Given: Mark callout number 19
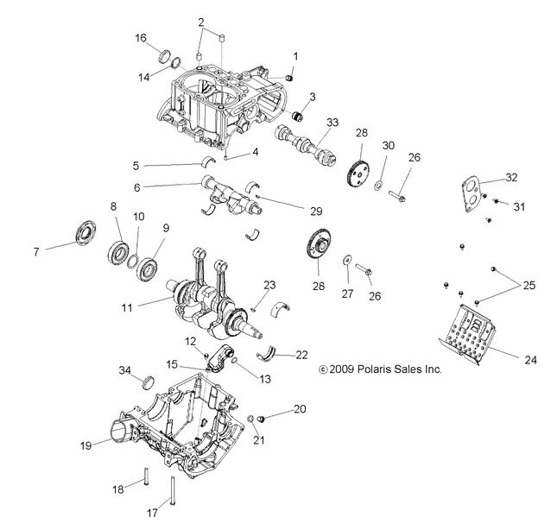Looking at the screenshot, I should [x=86, y=447].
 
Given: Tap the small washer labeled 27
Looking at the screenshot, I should [x=346, y=257].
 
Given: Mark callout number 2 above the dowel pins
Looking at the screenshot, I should [x=200, y=22].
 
